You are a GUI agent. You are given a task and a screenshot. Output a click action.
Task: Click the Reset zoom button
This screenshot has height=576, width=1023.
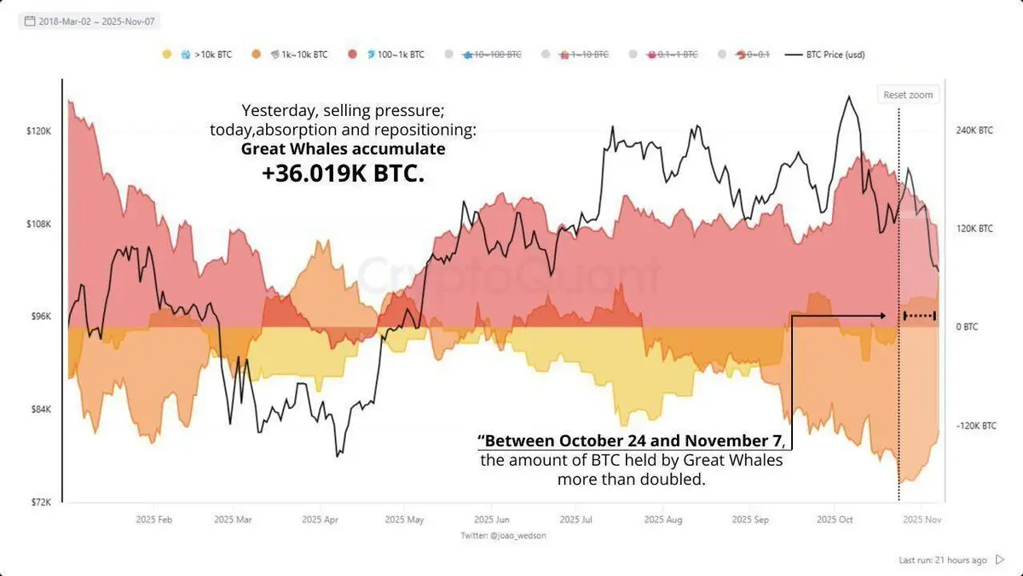click(x=909, y=95)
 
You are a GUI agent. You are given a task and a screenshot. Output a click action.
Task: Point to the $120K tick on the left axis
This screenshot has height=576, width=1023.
click(x=40, y=131)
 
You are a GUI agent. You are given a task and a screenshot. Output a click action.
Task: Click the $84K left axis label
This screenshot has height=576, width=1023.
click(x=40, y=410)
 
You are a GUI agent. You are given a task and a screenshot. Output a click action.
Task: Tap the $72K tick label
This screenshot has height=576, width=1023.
click(x=40, y=502)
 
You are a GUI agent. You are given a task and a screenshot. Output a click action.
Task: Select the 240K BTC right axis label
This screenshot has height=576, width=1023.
click(x=974, y=131)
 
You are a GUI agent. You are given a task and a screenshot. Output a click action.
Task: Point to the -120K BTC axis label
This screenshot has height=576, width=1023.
click(x=974, y=425)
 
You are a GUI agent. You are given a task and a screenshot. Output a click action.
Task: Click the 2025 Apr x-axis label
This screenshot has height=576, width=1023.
click(x=320, y=519)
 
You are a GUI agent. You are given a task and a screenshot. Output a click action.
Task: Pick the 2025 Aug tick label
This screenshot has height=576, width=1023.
click(x=663, y=519)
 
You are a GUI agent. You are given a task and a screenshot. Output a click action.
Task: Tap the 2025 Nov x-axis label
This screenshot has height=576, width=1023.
click(x=922, y=519)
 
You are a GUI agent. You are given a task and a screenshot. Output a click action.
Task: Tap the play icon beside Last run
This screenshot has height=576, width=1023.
click(x=1000, y=560)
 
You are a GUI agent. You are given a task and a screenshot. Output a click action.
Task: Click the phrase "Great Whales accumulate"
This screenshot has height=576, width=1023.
click(x=343, y=148)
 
